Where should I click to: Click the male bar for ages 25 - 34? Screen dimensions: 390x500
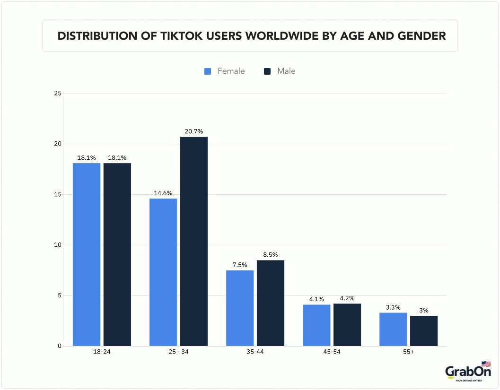[x=193, y=242]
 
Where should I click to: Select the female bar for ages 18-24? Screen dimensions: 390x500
[x=87, y=254]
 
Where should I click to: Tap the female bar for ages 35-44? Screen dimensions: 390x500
[x=240, y=308]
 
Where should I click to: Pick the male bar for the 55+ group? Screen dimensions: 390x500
[x=423, y=331]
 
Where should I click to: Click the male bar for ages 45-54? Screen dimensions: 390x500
[x=347, y=325]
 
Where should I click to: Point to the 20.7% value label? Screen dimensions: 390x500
[x=193, y=131]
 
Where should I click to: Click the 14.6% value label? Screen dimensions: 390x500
[x=163, y=193]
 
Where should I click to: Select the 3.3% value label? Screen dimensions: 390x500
[x=393, y=307]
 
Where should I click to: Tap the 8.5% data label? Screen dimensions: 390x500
[x=270, y=255]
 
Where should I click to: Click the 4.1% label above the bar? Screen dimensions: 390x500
[x=316, y=299]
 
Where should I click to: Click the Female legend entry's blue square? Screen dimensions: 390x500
[x=208, y=71]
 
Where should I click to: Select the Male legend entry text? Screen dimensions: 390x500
[x=286, y=71]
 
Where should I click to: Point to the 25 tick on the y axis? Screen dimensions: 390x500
[x=58, y=93]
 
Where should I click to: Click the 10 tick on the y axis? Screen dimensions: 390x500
[x=58, y=245]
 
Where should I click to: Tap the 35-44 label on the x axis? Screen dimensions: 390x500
[x=255, y=352]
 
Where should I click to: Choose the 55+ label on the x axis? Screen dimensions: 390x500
[x=408, y=352]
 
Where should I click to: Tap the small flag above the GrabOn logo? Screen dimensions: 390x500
[x=486, y=364]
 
